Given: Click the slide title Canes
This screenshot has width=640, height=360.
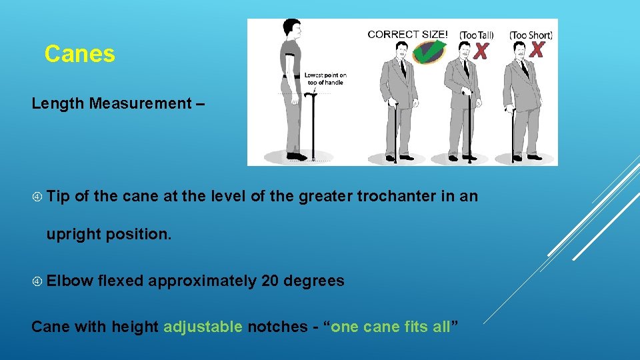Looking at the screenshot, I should (x=79, y=54).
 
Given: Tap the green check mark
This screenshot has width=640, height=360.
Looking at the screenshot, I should (x=428, y=51).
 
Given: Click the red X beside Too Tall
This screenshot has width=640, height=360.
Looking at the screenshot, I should (x=480, y=50).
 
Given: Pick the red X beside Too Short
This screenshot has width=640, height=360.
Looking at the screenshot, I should (x=537, y=49).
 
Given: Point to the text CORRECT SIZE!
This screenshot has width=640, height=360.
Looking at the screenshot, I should (x=408, y=34).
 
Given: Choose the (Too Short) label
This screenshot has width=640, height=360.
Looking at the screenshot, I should (x=531, y=34).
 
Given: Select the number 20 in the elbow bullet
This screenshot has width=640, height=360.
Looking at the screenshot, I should (x=271, y=281).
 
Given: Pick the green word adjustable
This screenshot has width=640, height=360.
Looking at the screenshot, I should (x=203, y=327).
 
